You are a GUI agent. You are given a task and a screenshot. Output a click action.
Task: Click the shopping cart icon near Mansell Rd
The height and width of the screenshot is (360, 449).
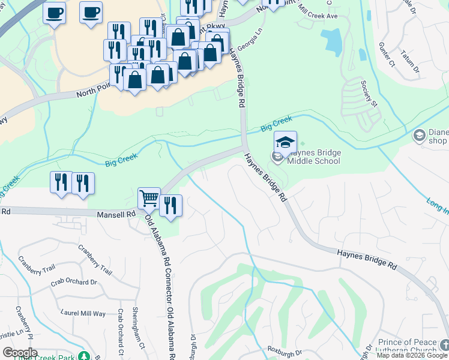(148, 198)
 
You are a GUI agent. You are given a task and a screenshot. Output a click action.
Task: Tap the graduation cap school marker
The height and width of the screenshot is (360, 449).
(286, 143)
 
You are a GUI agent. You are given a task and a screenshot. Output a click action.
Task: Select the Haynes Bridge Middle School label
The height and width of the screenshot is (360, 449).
(313, 157)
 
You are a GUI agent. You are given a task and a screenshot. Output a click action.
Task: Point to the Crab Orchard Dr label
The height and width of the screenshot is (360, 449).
(73, 282)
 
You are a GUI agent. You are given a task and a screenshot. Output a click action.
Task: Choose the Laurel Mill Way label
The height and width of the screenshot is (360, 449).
(83, 313)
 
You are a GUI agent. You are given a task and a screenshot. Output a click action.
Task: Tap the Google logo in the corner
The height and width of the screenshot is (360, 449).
(20, 353)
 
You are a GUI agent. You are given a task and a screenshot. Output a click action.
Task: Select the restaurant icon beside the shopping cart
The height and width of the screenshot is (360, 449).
(170, 206)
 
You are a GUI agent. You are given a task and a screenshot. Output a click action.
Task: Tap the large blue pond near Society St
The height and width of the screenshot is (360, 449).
(331, 40)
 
